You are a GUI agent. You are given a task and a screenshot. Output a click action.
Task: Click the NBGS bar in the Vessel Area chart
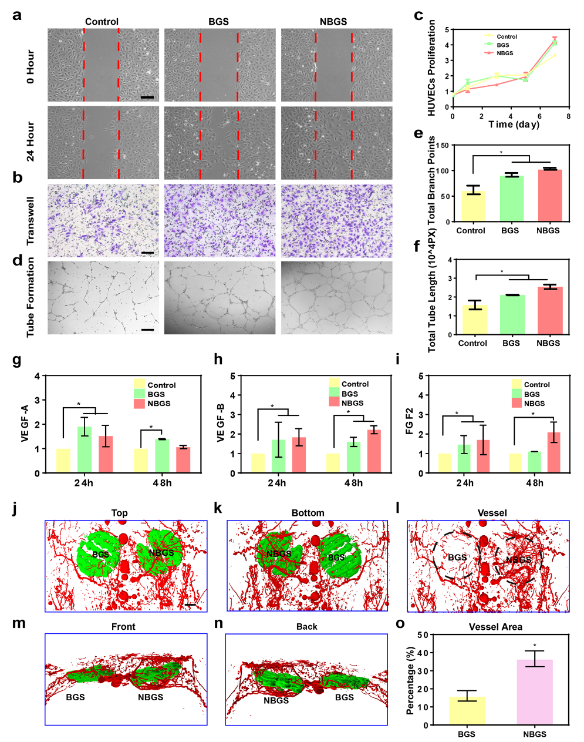tap(535, 692)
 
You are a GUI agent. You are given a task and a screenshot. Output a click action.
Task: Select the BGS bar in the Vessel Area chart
tap(467, 710)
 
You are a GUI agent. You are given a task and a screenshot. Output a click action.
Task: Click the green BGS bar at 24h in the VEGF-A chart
tap(85, 450)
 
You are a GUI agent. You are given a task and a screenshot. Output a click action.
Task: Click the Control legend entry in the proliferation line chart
tap(507, 36)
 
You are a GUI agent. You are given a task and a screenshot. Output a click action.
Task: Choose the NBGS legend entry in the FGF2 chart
tap(534, 403)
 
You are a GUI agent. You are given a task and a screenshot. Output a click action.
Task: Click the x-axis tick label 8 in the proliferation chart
tap(568, 116)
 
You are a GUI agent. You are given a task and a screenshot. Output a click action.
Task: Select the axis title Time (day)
tap(514, 125)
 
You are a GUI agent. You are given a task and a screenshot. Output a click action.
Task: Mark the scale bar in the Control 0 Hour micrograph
tap(147, 97)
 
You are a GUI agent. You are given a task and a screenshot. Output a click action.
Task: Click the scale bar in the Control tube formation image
tap(147, 330)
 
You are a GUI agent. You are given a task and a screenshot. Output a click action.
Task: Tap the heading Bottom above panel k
tap(308, 513)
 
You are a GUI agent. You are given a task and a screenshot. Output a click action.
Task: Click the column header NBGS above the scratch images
tap(333, 22)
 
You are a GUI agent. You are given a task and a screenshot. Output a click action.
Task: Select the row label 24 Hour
tap(31, 141)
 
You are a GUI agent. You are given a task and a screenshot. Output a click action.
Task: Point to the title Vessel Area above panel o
tap(495, 627)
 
